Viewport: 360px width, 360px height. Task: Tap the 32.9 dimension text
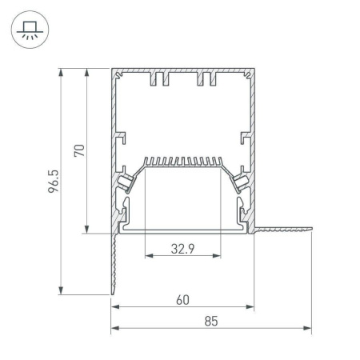[x=182, y=248]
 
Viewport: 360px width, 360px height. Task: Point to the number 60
[x=182, y=300]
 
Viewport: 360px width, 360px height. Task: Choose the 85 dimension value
[x=211, y=322]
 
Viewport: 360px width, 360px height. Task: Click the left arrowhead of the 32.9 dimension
[x=147, y=257]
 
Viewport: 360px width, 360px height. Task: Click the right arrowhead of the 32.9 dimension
[x=218, y=257]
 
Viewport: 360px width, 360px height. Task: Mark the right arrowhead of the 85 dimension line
[x=309, y=328]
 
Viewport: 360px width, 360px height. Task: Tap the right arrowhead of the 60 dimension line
[x=251, y=307]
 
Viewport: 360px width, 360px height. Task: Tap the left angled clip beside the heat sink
[x=127, y=183]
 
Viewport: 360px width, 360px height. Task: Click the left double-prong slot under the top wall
[x=157, y=79]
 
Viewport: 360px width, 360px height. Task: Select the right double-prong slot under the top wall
[x=207, y=79]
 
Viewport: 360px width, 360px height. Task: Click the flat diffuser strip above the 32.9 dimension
[x=182, y=229]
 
